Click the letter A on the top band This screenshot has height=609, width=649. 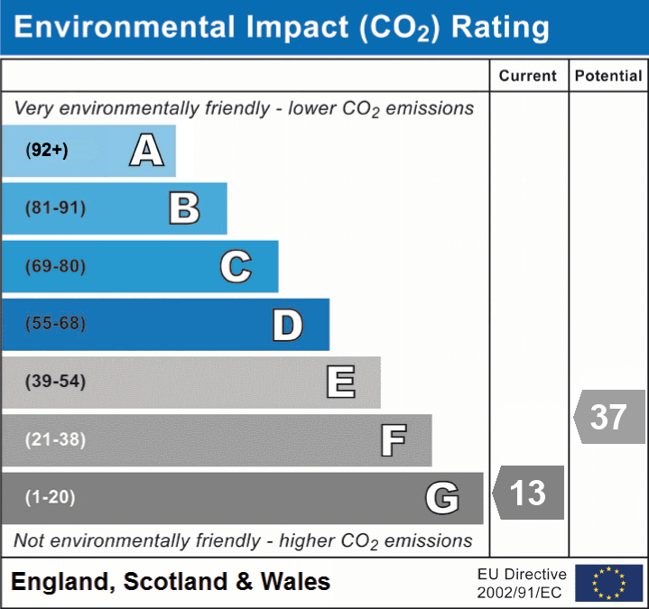146,150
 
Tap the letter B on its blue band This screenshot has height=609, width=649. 184,208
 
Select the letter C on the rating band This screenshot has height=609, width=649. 236,267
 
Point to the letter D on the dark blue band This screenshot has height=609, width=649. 287,326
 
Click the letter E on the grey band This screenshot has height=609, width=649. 340,383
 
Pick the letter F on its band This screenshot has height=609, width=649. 393,441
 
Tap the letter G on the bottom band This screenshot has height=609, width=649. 442,498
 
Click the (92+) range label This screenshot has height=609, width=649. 47,150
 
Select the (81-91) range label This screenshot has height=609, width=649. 56,208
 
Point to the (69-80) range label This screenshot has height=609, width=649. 56,267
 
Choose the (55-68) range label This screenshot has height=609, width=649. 56,324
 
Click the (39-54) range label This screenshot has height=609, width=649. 56,382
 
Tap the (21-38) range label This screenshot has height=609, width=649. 56,440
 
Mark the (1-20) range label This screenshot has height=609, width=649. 51,497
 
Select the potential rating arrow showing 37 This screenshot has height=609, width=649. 609,417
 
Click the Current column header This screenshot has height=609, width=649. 528,77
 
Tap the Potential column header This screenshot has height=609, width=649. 608,77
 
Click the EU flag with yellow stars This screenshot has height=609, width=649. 608,583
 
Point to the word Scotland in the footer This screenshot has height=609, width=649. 175,582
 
